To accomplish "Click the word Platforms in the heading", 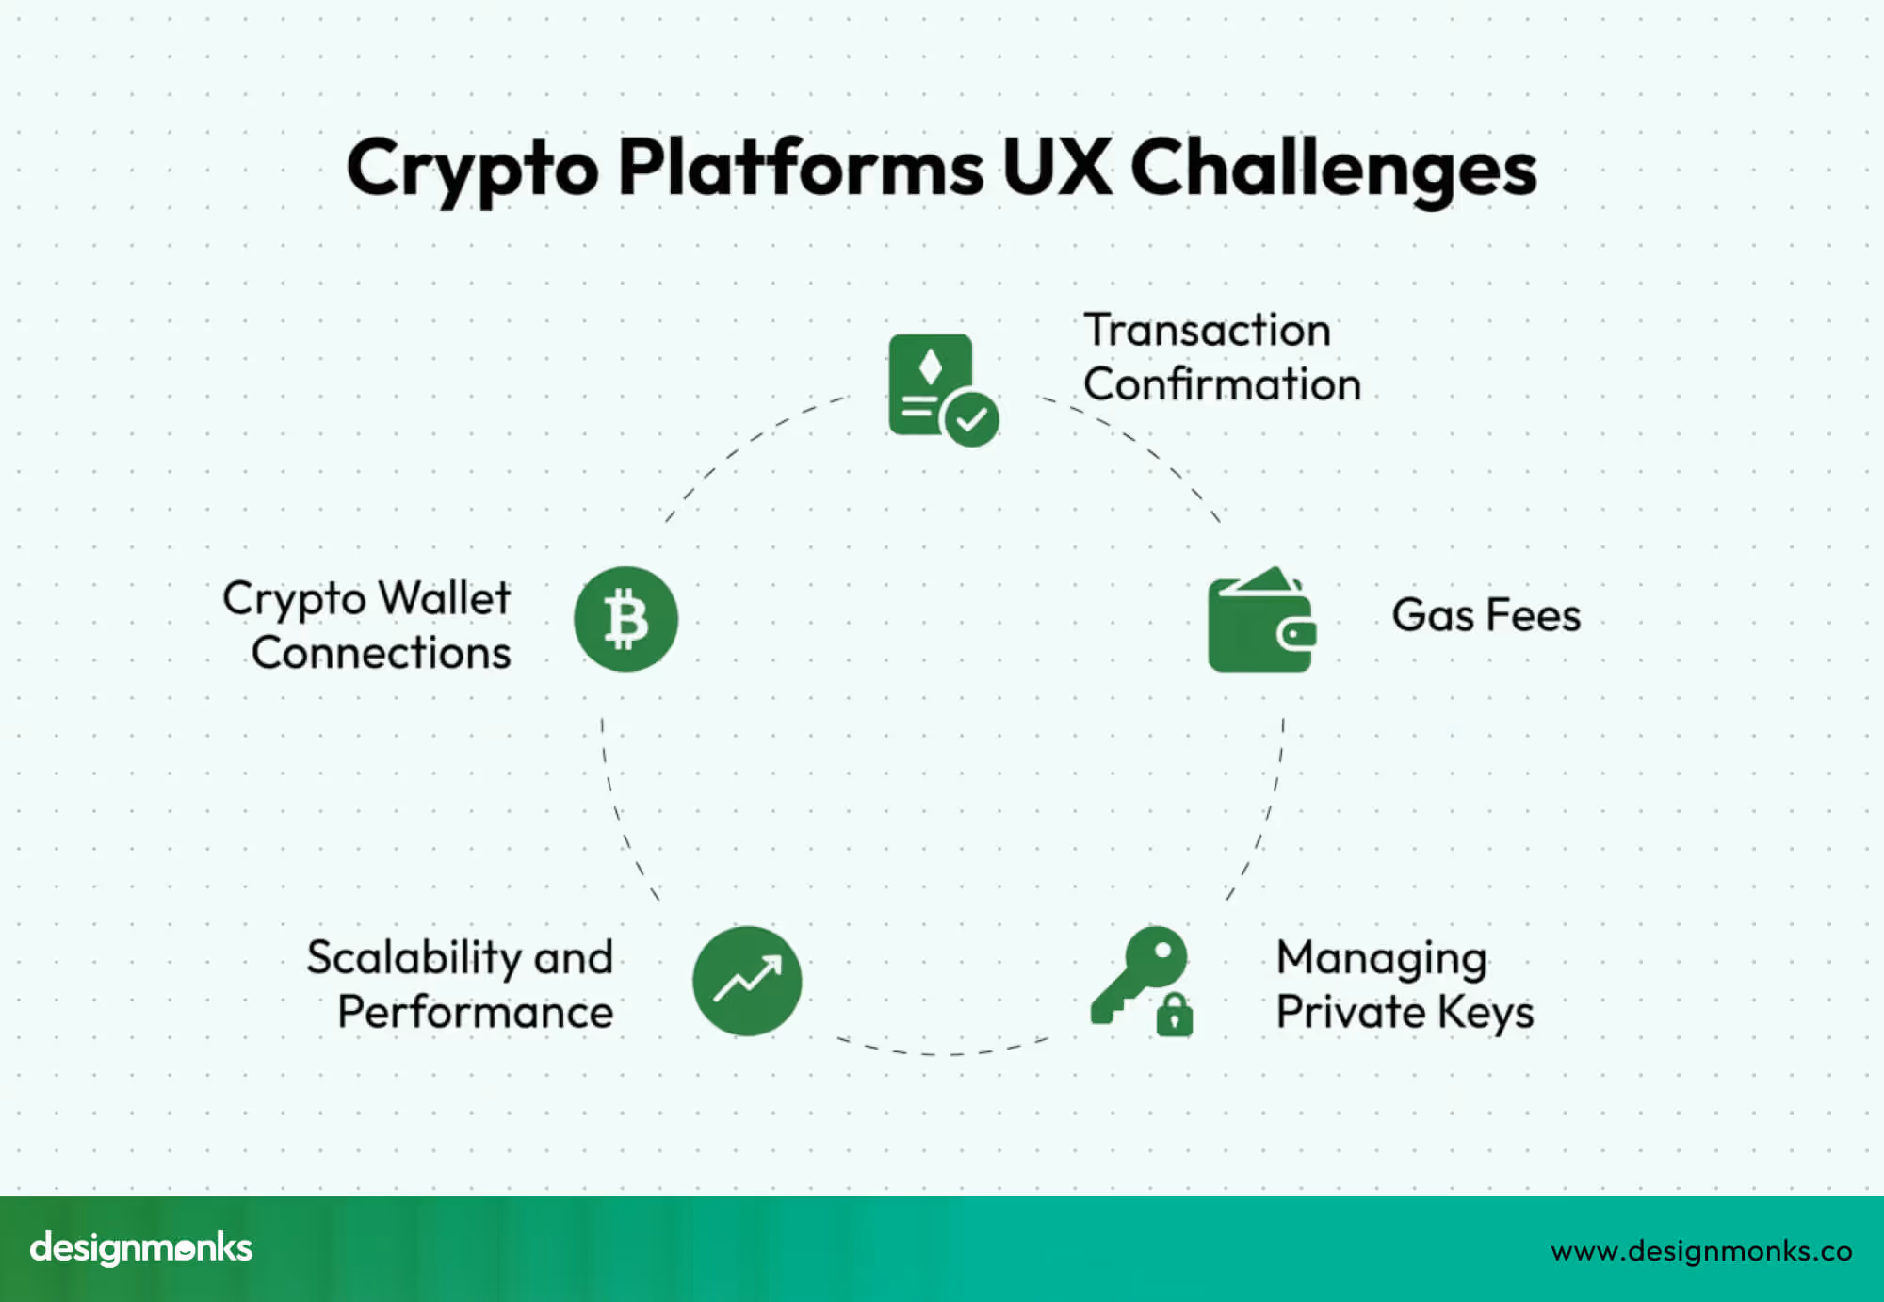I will point(801,168).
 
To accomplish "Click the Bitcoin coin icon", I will point(625,619).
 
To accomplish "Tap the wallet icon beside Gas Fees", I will point(1260,622).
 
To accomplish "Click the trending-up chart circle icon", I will point(747,981).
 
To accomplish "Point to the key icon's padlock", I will point(1175,1015).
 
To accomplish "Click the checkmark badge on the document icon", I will point(971,419).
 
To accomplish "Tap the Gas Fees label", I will point(1486,615).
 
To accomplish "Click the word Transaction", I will point(1207,331).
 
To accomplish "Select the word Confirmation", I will point(1222,384).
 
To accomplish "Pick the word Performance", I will point(475,1013).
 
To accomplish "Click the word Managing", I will point(1381,959).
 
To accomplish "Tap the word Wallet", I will point(445,598).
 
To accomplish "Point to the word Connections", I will point(381,653).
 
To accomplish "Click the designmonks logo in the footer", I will point(141,1248).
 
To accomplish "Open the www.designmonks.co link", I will point(1701,1251).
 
